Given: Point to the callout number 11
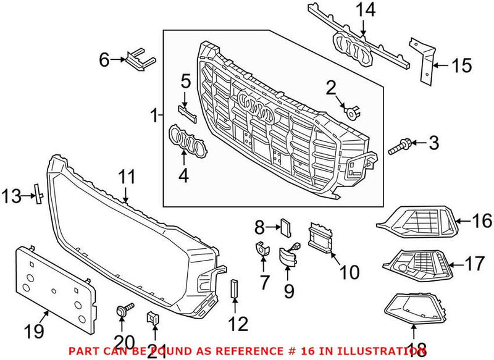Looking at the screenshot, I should [126, 177].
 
